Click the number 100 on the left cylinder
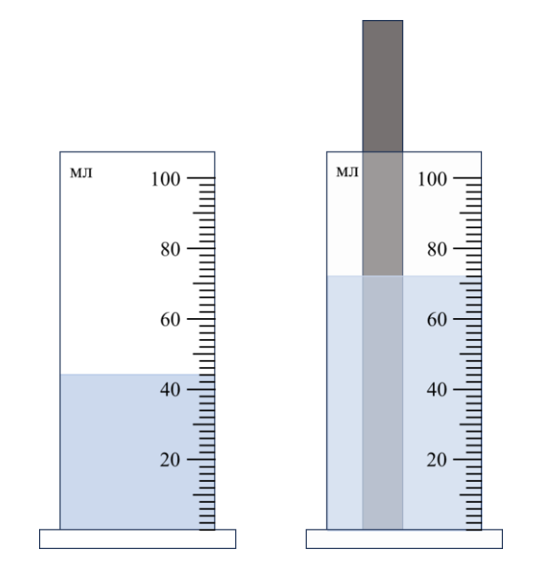click(x=165, y=179)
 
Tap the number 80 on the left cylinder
click(x=171, y=250)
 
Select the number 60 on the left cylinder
click(x=171, y=320)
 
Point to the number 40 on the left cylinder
click(x=171, y=390)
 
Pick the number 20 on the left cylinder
click(x=171, y=461)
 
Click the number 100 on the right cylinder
click(x=432, y=179)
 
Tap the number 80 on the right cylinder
click(x=437, y=250)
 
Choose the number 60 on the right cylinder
click(x=437, y=320)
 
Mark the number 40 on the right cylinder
click(x=437, y=390)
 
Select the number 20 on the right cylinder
click(x=437, y=461)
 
